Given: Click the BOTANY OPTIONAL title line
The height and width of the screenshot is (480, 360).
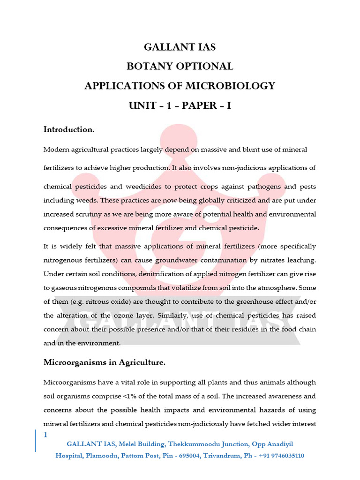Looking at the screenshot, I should coord(180,67).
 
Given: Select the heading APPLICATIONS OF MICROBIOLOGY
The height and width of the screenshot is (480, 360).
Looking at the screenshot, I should coord(180,86).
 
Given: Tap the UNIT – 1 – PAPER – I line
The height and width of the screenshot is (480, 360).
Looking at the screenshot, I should coord(180,106).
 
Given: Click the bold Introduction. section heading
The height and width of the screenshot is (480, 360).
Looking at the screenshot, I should coord(69,129).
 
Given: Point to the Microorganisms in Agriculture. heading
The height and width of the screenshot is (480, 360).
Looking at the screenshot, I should coord(105,362).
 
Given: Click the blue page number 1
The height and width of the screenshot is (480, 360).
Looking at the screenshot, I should coord(45,435).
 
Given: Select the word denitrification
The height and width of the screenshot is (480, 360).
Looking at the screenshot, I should coord(154,274).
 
